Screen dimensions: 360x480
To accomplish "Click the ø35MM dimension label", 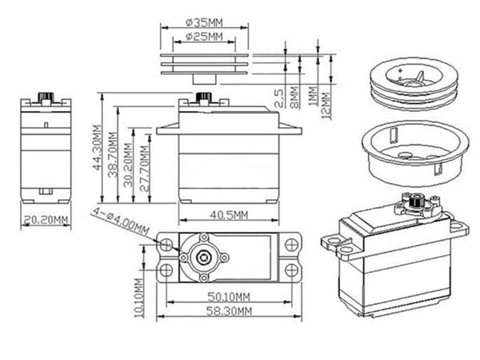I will (x=204, y=22).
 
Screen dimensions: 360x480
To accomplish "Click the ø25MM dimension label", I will (x=204, y=37).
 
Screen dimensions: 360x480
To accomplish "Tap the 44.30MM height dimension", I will (x=97, y=148).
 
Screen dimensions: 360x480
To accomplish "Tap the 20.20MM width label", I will (x=46, y=220).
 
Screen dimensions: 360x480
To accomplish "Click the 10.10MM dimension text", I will (x=139, y=297).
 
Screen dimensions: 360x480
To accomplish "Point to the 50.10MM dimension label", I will (x=229, y=296).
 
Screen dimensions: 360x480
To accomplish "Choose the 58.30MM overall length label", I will (x=229, y=310).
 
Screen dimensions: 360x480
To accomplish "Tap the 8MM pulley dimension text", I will (x=294, y=97).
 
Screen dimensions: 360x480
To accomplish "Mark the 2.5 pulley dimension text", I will (x=279, y=98).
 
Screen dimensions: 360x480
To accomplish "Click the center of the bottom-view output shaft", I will (x=203, y=257).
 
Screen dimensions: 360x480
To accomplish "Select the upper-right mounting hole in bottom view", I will (x=291, y=245).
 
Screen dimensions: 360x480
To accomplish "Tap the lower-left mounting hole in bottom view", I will (x=167, y=271).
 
